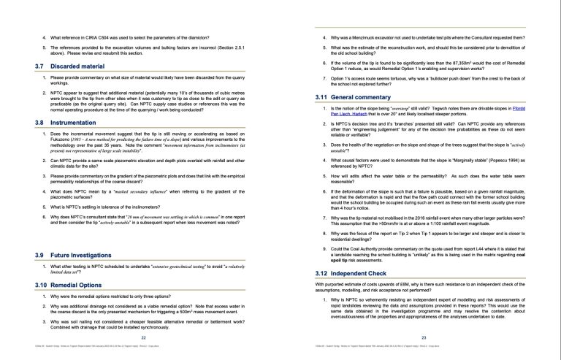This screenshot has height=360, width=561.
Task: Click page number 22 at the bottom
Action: coord(143,338)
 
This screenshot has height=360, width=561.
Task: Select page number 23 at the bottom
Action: coord(424,338)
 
